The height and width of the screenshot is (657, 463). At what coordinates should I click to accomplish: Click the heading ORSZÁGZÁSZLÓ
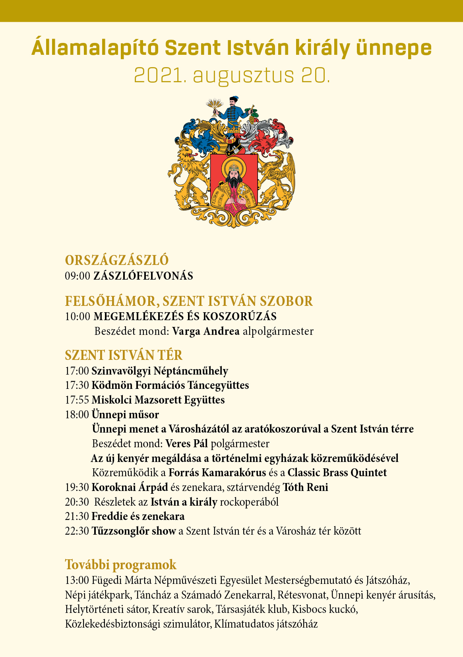(117, 260)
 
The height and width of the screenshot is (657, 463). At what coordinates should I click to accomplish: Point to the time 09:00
(77, 276)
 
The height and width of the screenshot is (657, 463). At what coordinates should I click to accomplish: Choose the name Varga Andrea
(206, 331)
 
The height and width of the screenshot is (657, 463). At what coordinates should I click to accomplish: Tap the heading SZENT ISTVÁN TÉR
(124, 355)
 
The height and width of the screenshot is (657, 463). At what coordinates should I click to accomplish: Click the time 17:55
(77, 400)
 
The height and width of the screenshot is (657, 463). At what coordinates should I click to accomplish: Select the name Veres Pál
(187, 443)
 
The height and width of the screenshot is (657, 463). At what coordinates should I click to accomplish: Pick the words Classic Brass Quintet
(337, 473)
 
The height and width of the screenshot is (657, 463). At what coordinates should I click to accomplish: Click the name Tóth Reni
(305, 487)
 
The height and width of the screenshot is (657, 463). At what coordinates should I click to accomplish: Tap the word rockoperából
(249, 502)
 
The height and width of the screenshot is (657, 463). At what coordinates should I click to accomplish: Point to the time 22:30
(77, 531)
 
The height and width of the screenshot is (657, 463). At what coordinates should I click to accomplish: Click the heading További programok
(121, 564)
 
